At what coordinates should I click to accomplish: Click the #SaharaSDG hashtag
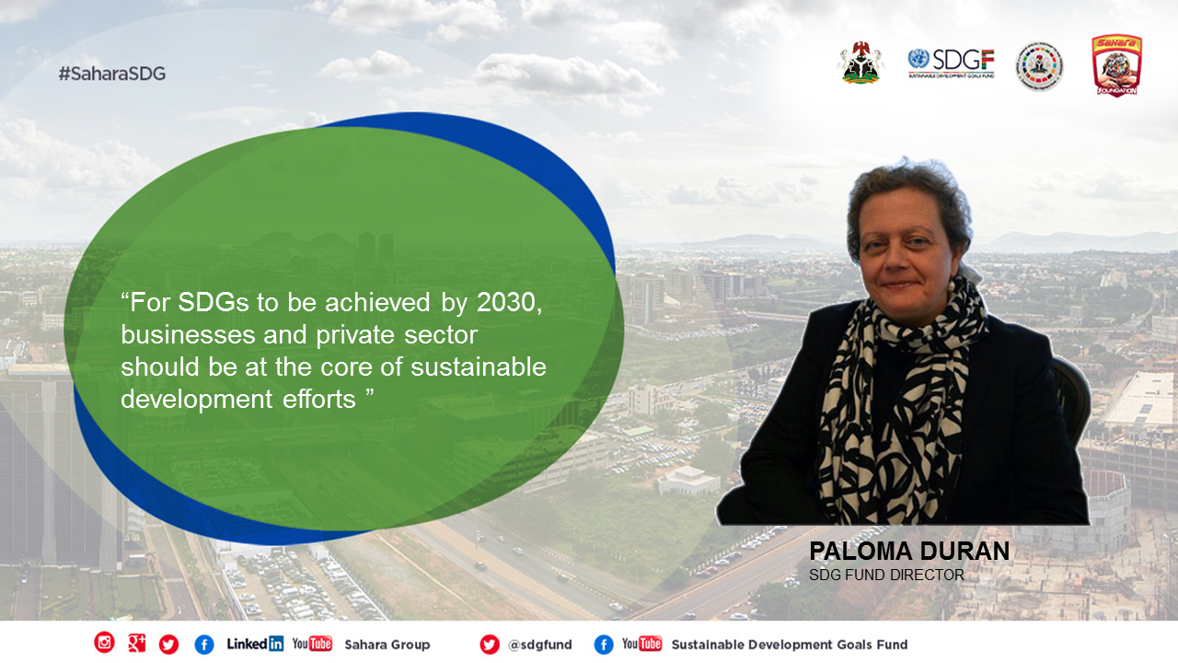112,74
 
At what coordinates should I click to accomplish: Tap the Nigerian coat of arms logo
860,63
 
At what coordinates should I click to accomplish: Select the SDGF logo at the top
952,64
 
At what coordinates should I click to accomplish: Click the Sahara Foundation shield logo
1117,65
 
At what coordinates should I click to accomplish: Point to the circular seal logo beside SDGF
1039,66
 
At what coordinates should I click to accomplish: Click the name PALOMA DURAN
909,552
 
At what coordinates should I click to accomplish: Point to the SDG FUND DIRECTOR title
886,576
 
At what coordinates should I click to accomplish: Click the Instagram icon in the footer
104,643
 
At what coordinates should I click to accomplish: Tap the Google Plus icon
137,643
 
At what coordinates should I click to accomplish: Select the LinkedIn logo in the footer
255,644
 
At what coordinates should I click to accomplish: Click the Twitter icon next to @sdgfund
489,645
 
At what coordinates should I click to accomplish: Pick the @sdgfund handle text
539,646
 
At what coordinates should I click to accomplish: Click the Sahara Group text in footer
387,645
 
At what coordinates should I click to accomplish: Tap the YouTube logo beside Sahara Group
312,644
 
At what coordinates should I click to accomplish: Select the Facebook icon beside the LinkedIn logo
204,645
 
